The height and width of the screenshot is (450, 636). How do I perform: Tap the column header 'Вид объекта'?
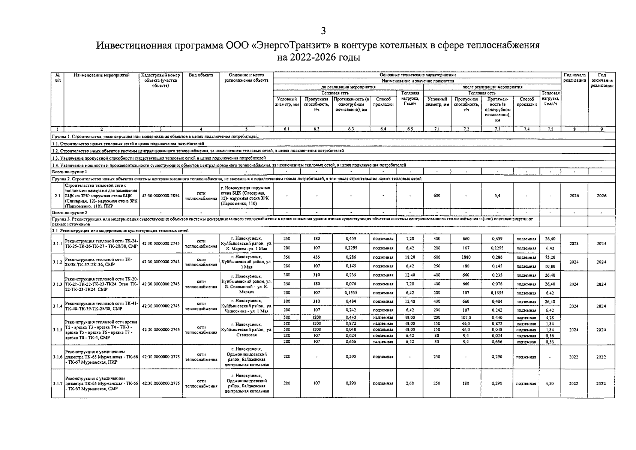pos(201,75)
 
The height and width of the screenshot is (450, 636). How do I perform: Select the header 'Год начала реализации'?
pos(574,78)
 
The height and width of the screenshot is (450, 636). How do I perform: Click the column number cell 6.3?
pos(351,129)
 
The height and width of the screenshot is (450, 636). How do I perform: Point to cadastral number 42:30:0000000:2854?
pos(161,196)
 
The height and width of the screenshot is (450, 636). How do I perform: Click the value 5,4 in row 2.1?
pos(497,196)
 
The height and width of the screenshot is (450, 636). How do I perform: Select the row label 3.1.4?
pos(58,306)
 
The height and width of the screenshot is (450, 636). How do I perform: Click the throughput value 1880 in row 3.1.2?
pos(466,257)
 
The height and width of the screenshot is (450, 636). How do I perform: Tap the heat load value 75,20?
pos(550,257)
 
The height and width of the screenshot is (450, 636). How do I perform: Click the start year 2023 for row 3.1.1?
pos(574,243)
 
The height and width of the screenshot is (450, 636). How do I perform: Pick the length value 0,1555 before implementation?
pos(351,293)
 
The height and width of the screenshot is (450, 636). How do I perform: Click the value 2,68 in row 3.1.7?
pos(409,383)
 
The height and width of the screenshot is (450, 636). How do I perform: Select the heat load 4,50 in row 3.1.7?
pos(550,383)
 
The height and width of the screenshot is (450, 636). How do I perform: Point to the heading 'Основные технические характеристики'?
pos(418,75)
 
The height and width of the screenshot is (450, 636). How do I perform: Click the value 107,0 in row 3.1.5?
pos(466,317)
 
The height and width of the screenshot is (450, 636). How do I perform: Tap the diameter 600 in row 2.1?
pos(437,196)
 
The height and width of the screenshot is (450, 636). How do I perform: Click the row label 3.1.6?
pos(58,357)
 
